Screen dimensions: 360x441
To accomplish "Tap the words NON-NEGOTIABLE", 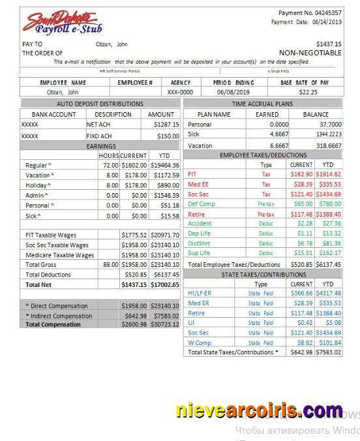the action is (x=310, y=53).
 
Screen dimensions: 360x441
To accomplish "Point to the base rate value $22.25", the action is (x=307, y=93).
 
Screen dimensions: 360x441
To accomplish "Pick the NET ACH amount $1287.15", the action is (x=166, y=123).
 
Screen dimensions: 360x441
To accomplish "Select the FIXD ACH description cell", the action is (x=100, y=136).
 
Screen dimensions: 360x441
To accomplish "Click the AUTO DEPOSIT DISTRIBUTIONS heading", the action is (x=100, y=104).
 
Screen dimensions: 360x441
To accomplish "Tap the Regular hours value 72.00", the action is (x=110, y=166).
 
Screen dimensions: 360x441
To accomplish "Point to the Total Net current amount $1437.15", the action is (x=134, y=284).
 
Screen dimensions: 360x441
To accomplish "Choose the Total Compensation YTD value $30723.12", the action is (x=165, y=324).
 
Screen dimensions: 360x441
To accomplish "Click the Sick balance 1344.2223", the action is (x=325, y=134).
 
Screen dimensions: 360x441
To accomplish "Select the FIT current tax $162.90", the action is (x=301, y=175).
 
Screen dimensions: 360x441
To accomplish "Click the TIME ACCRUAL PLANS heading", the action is (x=262, y=104).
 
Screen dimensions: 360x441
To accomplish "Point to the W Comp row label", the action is (x=200, y=342).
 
